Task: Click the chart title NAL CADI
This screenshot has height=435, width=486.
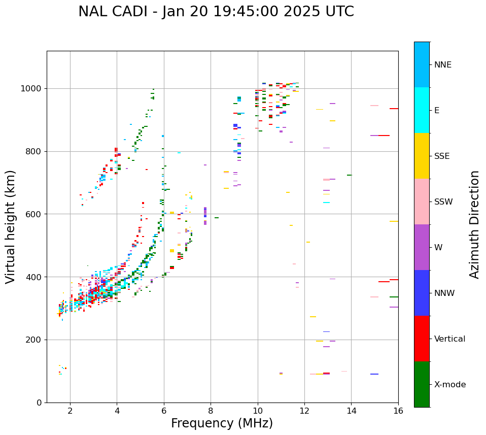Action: (x=216, y=12)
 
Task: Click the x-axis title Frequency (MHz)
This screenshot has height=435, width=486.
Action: (x=222, y=423)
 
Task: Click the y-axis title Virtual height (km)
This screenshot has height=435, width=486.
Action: (x=11, y=227)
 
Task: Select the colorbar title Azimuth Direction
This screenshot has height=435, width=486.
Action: (x=474, y=224)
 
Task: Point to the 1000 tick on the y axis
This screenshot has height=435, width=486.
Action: (x=32, y=89)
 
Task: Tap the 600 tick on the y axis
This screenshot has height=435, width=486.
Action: (x=34, y=214)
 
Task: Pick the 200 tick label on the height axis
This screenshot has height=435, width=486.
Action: (x=34, y=340)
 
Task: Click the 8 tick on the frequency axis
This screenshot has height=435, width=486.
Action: (x=211, y=411)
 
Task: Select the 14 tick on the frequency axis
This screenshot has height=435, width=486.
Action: (x=352, y=411)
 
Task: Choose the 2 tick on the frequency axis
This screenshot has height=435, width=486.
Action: (x=70, y=411)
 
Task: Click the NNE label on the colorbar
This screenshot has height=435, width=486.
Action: (x=442, y=65)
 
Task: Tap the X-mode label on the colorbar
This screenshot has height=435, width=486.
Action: (x=449, y=385)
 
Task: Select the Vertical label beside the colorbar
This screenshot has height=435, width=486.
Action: (x=449, y=339)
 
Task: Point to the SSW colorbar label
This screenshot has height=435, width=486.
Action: (x=443, y=202)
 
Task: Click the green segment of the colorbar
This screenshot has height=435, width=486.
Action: (x=422, y=384)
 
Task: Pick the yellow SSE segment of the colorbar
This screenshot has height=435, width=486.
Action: (x=422, y=156)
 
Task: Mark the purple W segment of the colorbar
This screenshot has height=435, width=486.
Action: (x=422, y=247)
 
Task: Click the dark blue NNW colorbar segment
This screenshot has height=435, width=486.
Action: (x=422, y=293)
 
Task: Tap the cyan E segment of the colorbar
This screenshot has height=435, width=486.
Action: (x=422, y=110)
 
